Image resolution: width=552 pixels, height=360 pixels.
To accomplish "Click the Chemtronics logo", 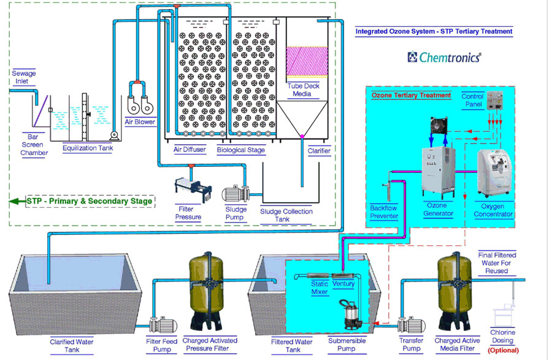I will pyautogui.click(x=445, y=57).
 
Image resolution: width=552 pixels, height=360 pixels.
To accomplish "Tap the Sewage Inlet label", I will pyautogui.click(x=24, y=77).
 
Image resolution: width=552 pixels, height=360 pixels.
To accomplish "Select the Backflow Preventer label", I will pyautogui.click(x=384, y=212).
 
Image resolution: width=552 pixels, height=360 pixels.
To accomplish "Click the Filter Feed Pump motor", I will pyautogui.click(x=161, y=325).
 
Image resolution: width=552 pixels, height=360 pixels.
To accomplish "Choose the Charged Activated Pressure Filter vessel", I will pyautogui.click(x=206, y=292).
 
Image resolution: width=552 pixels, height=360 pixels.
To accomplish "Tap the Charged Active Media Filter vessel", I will pyautogui.click(x=455, y=291).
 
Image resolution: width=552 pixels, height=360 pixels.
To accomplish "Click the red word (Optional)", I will pyautogui.click(x=502, y=350).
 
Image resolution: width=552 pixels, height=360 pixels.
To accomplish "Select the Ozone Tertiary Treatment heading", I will pyautogui.click(x=411, y=95).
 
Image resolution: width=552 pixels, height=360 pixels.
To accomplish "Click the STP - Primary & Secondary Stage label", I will pyautogui.click(x=88, y=201).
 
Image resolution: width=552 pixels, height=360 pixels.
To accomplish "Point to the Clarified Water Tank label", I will pyautogui.click(x=72, y=345).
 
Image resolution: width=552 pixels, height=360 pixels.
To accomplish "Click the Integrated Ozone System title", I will pyautogui.click(x=434, y=31).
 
